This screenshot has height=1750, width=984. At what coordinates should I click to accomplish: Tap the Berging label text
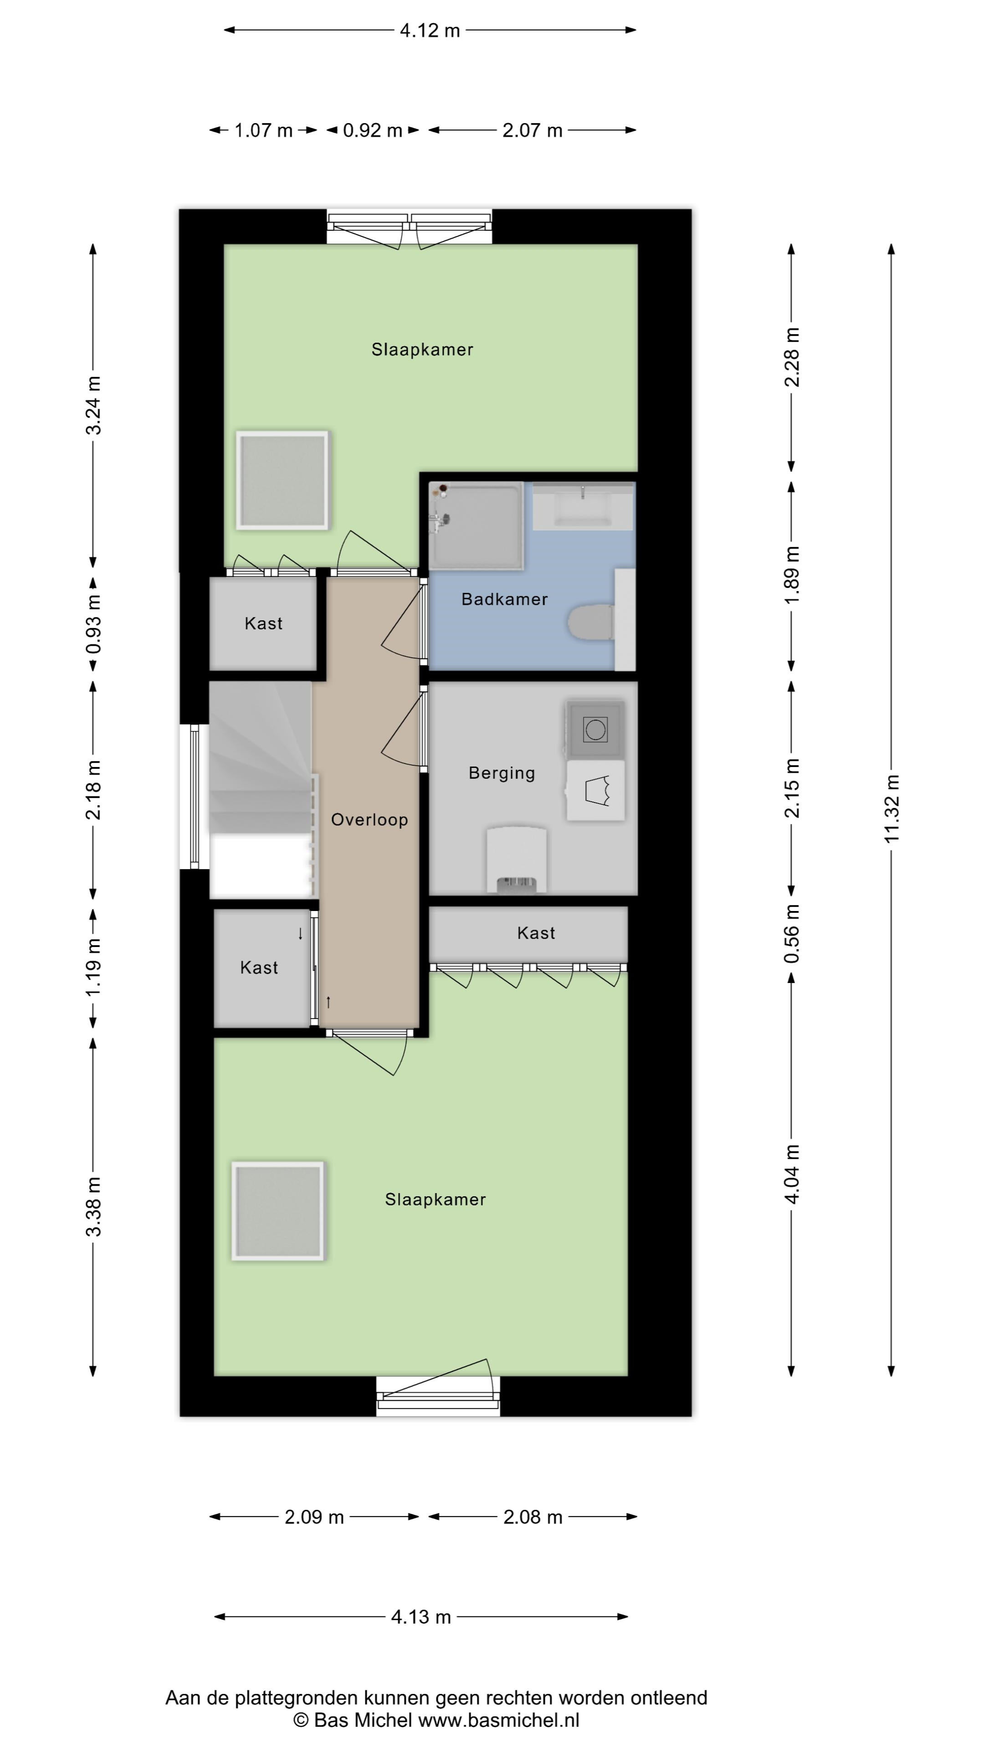pos(502,773)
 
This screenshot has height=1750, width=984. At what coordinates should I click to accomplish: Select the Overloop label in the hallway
pos(369,820)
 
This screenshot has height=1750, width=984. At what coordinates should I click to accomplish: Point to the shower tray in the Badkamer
pos(476,525)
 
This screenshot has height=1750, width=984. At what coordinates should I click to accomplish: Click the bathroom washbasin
pos(583,506)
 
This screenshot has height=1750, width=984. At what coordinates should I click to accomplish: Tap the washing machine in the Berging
pos(595,730)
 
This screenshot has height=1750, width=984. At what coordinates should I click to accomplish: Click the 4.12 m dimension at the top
pos(430,31)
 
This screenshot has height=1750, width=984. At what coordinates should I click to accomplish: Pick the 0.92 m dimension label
pos(372,130)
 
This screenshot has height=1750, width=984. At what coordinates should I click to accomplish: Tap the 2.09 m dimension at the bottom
pos(314,1517)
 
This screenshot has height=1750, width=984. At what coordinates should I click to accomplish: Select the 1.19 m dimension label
pos(94,968)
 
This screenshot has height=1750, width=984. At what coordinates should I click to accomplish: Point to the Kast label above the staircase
pos(263,623)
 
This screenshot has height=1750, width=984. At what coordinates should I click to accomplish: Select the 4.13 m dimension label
pos(421,1617)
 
